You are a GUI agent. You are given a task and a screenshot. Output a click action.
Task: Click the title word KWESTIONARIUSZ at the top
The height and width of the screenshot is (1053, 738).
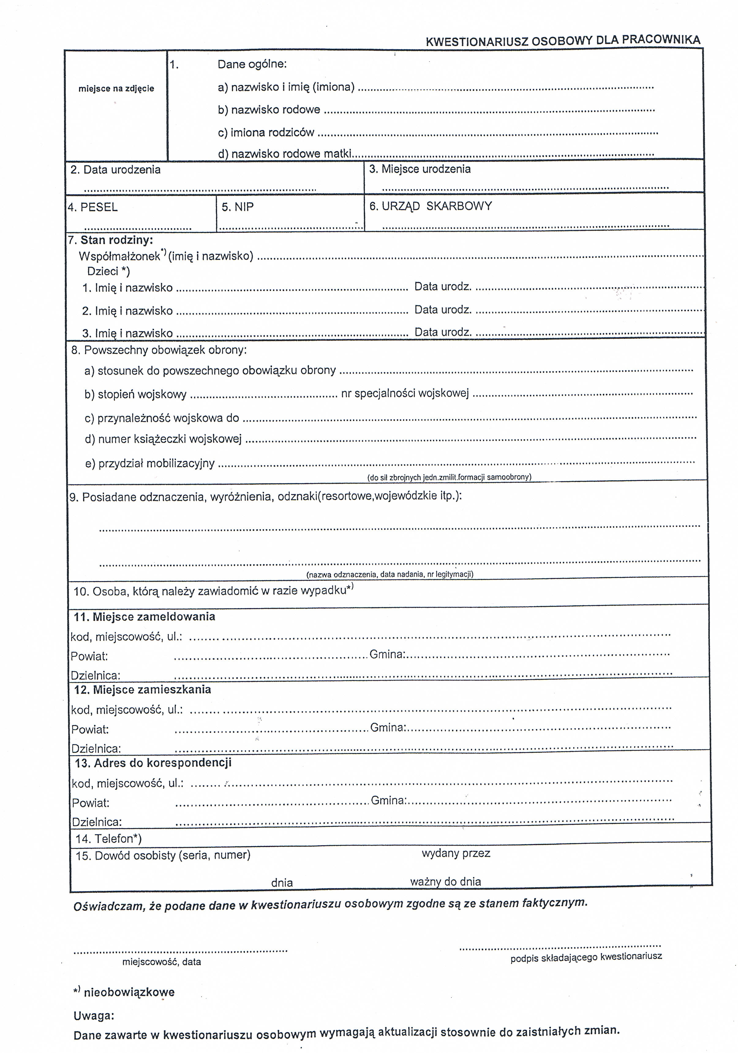point(477,42)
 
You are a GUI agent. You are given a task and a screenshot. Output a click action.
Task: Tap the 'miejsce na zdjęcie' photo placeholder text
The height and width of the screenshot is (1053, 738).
point(116,89)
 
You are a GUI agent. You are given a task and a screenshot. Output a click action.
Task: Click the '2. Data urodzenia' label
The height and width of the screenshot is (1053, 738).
point(115,170)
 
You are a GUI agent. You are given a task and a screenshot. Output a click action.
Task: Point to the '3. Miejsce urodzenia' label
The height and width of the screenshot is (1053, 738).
point(420,169)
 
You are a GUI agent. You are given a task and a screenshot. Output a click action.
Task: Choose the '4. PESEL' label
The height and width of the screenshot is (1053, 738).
point(92,207)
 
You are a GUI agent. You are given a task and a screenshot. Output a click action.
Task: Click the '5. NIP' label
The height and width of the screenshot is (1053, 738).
point(237,207)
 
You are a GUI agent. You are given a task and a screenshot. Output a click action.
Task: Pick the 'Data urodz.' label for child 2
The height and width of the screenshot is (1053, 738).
point(443,310)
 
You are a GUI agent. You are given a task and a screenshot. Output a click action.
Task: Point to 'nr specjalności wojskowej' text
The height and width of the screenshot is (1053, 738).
point(405,393)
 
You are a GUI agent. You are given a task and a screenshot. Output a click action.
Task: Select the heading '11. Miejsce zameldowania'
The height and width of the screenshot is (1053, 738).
point(145,617)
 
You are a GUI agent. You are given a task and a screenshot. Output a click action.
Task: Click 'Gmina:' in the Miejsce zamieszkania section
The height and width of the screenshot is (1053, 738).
point(388,727)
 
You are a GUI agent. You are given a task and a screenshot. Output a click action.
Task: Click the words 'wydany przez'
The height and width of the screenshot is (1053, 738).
point(456,853)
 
